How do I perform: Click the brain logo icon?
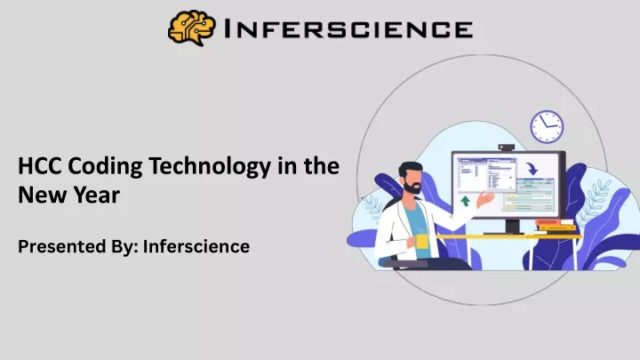point(191,28)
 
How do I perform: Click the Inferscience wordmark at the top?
point(349,29)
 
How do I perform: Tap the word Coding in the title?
point(105,167)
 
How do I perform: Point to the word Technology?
point(210,167)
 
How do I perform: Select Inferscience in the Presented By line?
point(196,246)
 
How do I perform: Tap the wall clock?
point(547,126)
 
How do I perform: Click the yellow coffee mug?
point(421,242)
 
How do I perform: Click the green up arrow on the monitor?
point(465,201)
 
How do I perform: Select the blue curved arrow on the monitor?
point(532,168)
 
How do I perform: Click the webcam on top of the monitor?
point(506,148)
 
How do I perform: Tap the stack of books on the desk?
point(555,227)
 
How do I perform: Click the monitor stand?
point(512,227)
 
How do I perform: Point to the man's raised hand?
point(485,199)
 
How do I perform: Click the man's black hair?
point(409,169)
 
